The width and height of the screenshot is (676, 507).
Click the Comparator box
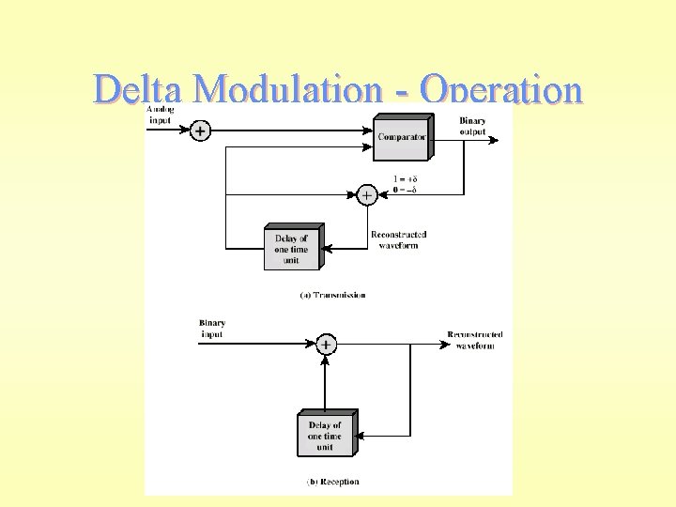[x=402, y=137]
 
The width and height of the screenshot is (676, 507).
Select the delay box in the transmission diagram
[x=292, y=249]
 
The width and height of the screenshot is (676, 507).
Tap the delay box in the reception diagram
[x=325, y=436]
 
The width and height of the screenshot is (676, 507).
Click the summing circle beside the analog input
[x=200, y=131]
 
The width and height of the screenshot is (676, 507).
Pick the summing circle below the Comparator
[x=367, y=195]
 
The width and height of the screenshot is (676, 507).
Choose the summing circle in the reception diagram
[x=325, y=345]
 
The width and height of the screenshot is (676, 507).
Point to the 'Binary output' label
[x=473, y=126]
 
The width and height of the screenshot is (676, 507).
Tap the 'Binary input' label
[x=212, y=329]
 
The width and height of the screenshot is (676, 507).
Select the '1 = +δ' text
[x=406, y=179]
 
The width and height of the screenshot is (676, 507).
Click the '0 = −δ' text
[x=406, y=190]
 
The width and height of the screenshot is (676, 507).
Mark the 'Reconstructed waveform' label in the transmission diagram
[x=398, y=239]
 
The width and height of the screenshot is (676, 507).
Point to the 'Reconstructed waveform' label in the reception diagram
[x=474, y=340]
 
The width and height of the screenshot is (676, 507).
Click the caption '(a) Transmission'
[x=332, y=295]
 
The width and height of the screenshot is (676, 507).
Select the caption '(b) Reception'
[x=332, y=482]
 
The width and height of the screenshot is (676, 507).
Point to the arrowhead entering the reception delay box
[x=363, y=436]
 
